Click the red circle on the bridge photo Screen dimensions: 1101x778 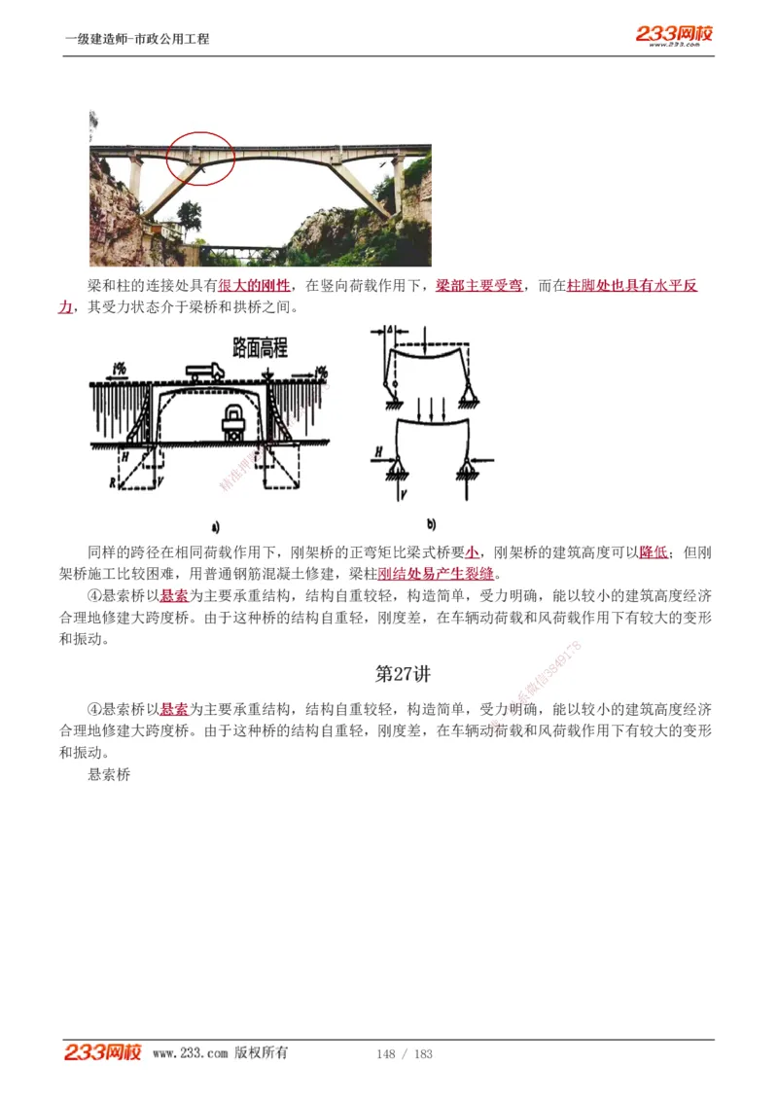pos(200,160)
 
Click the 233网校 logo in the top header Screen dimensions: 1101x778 pos(675,34)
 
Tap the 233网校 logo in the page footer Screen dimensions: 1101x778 pos(103,1052)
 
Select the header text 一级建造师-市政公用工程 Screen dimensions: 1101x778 pos(137,39)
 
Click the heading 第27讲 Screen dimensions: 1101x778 pos(403,673)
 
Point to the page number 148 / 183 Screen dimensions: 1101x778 pos(404,1053)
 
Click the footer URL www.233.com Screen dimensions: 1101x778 pos(190,1053)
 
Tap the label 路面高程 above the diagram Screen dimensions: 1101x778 pos(260,347)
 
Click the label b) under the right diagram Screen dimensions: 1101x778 pos(431,522)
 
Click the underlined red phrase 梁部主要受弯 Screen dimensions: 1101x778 pos(478,286)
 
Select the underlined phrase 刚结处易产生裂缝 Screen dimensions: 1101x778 pos(436,574)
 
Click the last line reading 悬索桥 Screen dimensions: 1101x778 pos(109,775)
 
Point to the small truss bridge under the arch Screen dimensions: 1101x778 pos(240,253)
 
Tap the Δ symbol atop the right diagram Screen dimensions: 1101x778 pos(389,332)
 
